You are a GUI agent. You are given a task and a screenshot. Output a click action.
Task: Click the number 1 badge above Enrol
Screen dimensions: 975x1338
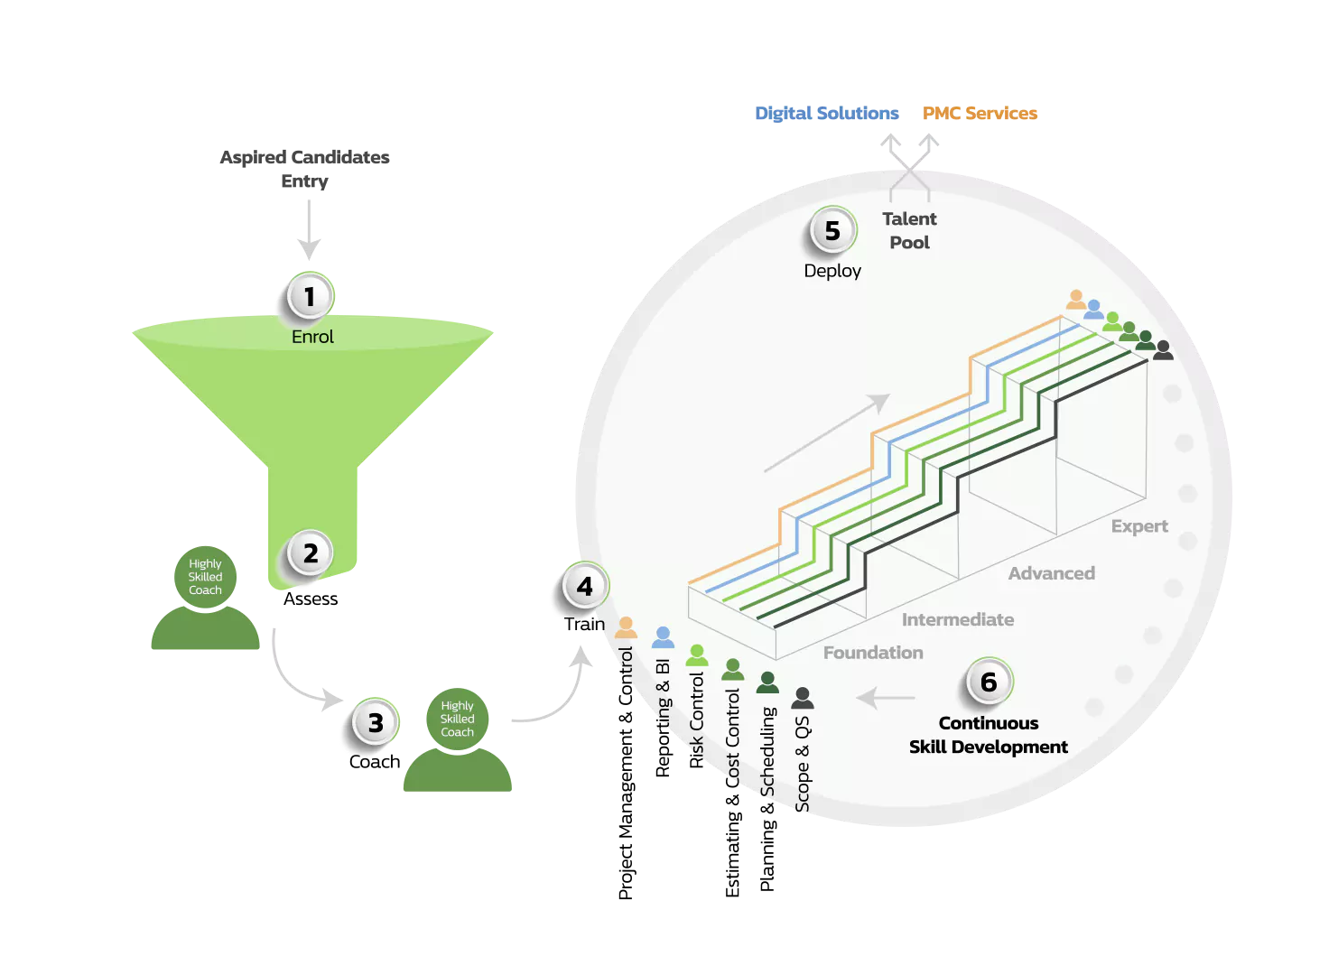pyautogui.click(x=310, y=297)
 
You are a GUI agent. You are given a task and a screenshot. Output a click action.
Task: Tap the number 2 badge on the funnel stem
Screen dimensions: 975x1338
pyautogui.click(x=311, y=553)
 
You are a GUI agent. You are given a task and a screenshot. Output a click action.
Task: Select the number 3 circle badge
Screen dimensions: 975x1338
pyautogui.click(x=376, y=723)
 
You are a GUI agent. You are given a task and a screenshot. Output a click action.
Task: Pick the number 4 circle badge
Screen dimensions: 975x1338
pyautogui.click(x=585, y=587)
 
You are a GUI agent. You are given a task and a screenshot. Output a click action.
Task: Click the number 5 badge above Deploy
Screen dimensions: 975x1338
pyautogui.click(x=832, y=231)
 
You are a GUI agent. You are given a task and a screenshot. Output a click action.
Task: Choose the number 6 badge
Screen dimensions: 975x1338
pyautogui.click(x=989, y=682)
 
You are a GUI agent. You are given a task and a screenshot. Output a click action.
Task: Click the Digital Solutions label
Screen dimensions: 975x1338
pyautogui.click(x=827, y=114)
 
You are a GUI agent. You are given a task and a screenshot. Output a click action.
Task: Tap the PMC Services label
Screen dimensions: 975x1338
pyautogui.click(x=980, y=114)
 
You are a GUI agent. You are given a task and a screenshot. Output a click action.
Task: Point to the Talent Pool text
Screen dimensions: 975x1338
pyautogui.click(x=909, y=231)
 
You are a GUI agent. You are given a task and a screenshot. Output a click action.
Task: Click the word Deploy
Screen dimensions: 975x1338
pyautogui.click(x=832, y=271)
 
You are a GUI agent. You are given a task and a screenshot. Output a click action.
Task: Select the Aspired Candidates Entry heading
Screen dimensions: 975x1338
pyautogui.click(x=305, y=169)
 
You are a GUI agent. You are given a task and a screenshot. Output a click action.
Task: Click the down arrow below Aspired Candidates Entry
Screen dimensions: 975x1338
pyautogui.click(x=309, y=230)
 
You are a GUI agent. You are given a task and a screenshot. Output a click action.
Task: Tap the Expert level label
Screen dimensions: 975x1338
pyautogui.click(x=1139, y=526)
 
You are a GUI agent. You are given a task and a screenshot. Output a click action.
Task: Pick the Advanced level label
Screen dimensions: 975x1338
pyautogui.click(x=1051, y=573)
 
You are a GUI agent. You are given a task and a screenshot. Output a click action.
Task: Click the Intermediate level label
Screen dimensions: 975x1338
pyautogui.click(x=957, y=620)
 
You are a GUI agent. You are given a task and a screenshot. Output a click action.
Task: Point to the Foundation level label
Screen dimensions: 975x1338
pyautogui.click(x=873, y=653)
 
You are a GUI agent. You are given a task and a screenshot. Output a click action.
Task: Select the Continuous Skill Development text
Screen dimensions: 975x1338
pyautogui.click(x=989, y=735)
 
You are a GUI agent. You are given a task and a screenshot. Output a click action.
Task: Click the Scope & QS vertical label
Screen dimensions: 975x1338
pyautogui.click(x=803, y=763)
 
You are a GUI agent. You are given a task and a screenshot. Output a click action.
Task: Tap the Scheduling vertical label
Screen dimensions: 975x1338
pyautogui.click(x=767, y=751)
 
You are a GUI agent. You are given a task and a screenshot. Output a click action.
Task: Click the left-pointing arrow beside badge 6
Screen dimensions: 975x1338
pyautogui.click(x=886, y=698)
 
